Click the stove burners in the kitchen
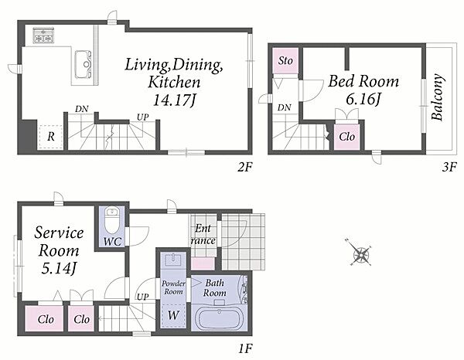coord(43,36)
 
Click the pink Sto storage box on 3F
coord(285,61)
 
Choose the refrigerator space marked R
coord(50,137)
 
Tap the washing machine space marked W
coord(173,315)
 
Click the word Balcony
coord(437,97)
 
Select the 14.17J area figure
coord(174,100)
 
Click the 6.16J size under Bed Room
coord(363,99)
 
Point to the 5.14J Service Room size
coord(59,269)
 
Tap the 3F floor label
coord(449,168)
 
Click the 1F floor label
coord(245,348)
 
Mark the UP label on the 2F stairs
coord(142,117)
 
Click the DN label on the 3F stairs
coord(284,107)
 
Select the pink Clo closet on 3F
coord(346,137)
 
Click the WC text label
coord(112,242)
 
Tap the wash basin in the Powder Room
coord(173,260)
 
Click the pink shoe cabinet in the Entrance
coord(203,263)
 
